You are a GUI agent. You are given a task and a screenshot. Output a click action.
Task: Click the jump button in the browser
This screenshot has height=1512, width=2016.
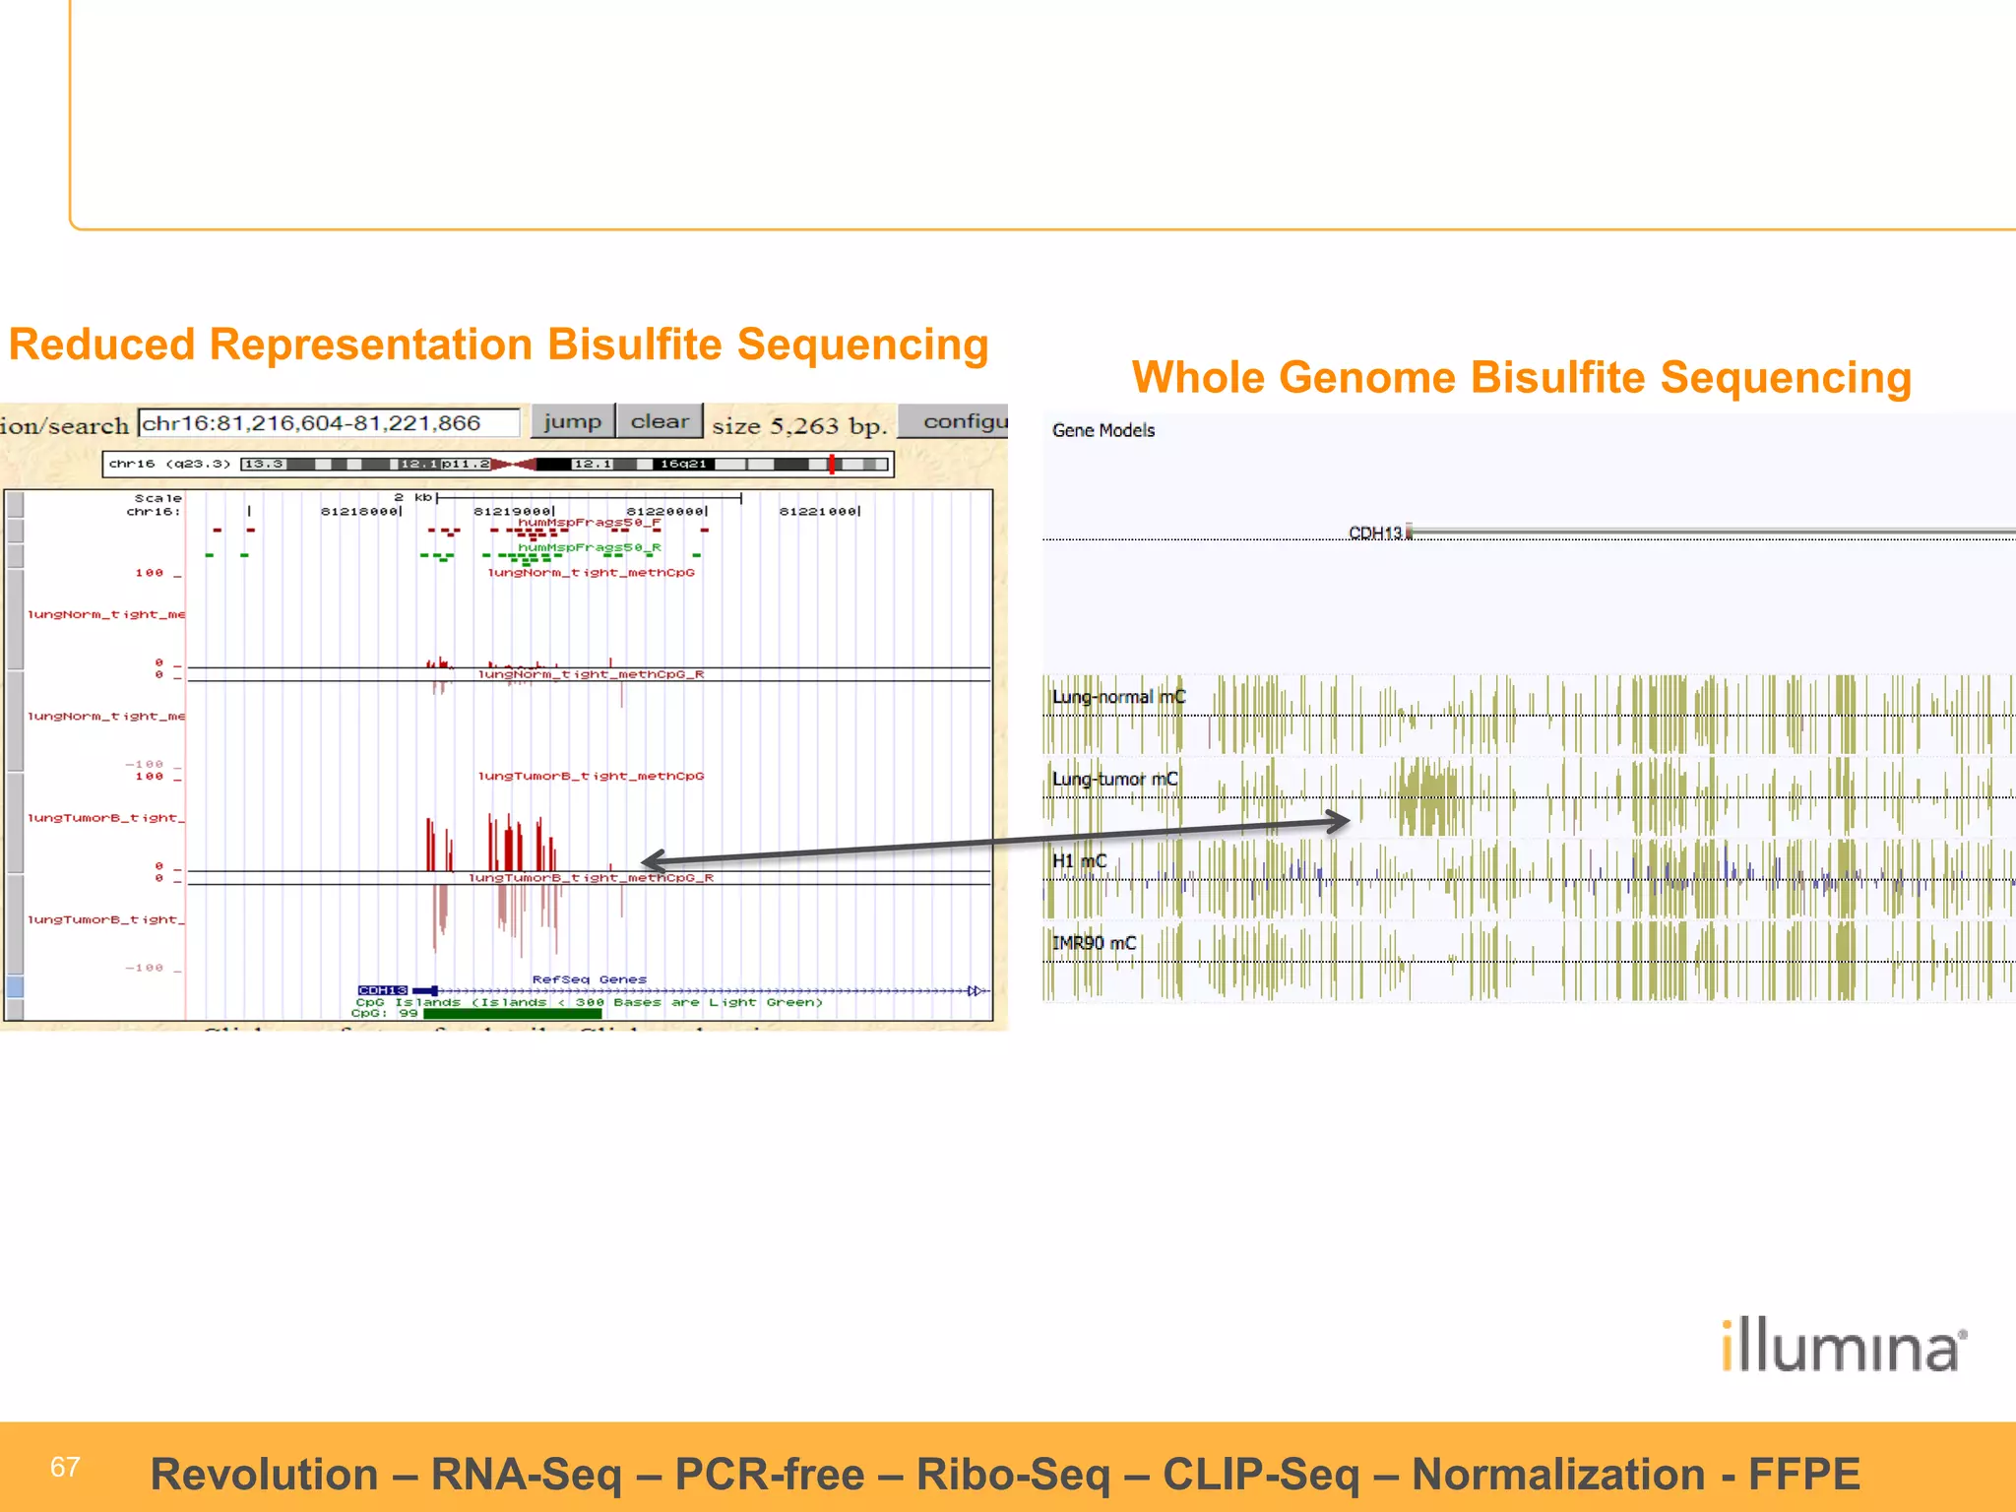tap(572, 421)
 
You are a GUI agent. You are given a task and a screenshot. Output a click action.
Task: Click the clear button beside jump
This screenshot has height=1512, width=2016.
tap(660, 421)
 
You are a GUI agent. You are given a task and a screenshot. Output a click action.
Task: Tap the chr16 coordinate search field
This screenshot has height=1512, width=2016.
tap(329, 423)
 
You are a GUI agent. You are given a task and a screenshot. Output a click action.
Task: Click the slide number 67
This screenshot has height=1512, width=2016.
tap(65, 1467)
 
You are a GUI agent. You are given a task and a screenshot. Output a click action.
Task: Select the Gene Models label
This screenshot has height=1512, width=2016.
tap(1102, 430)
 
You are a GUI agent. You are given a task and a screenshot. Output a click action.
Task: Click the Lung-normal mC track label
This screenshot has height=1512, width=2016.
tap(1118, 697)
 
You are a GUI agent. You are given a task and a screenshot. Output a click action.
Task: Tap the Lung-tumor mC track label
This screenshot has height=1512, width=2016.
tap(1114, 779)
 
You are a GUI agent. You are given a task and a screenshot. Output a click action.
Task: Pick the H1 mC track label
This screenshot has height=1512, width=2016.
tap(1079, 861)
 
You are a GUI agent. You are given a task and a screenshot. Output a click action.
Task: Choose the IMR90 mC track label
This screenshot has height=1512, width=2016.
tap(1094, 943)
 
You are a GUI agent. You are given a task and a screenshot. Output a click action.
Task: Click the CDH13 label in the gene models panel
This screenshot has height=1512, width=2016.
tap(1374, 533)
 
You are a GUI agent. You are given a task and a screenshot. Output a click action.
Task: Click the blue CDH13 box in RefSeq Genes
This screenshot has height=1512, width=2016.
tap(382, 990)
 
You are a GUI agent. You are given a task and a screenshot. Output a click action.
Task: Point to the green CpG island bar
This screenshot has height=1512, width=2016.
tap(512, 1013)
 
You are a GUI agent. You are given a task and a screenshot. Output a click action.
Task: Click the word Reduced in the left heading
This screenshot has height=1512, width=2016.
tap(101, 346)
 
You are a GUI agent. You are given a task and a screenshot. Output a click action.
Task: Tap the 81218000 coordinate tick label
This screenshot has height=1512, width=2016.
tap(360, 511)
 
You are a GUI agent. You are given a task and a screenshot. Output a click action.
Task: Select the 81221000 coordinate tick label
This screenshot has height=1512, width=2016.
tap(819, 511)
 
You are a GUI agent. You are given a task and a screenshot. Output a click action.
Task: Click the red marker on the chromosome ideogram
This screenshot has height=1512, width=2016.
tap(832, 464)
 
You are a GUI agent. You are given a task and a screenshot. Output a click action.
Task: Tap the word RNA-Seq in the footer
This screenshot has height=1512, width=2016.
tap(527, 1475)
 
